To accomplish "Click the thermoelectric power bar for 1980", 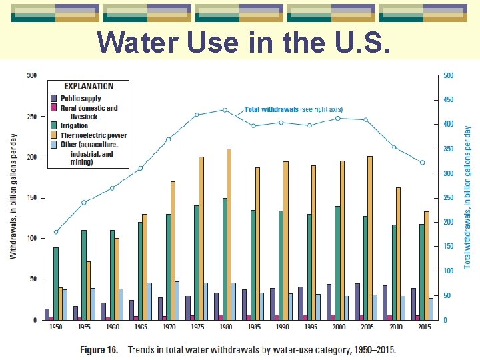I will point(229,234).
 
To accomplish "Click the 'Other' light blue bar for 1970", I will point(177,301).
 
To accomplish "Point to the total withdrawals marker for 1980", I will point(225,110).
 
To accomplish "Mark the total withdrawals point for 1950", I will point(56,232).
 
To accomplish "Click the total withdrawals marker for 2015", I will point(421,162).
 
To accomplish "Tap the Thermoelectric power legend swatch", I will point(53,135).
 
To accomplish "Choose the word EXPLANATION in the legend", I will point(89,85).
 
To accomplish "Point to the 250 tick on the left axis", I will point(31,117).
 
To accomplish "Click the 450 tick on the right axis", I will point(448,100).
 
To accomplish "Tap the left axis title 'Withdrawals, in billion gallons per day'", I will point(13,196).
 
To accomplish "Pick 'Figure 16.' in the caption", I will point(100,349).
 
